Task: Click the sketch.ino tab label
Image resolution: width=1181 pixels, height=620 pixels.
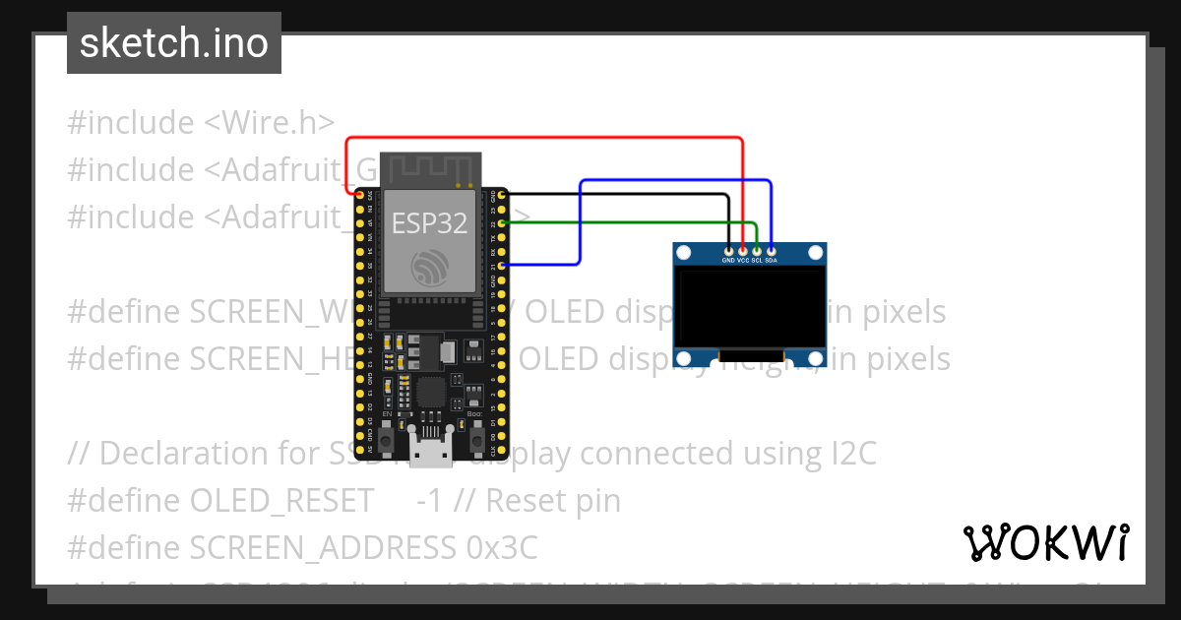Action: (173, 43)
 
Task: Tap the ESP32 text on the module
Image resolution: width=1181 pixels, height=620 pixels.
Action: (429, 223)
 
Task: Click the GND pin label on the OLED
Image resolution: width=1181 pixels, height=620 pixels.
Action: (728, 261)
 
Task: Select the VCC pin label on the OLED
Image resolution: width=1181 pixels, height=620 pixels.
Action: (743, 261)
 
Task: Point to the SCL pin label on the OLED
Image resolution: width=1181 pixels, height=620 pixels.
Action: (757, 261)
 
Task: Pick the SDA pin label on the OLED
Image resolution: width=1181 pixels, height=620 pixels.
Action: (772, 261)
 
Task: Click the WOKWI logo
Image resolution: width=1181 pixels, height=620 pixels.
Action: (1045, 542)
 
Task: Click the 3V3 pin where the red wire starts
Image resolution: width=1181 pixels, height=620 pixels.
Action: (359, 196)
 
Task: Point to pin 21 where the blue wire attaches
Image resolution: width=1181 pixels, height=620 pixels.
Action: (503, 266)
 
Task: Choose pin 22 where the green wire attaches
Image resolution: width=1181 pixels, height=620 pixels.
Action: (503, 223)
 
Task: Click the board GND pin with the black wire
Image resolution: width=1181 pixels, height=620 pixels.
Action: (503, 196)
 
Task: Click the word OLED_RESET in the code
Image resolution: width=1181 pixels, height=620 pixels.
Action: (282, 501)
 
